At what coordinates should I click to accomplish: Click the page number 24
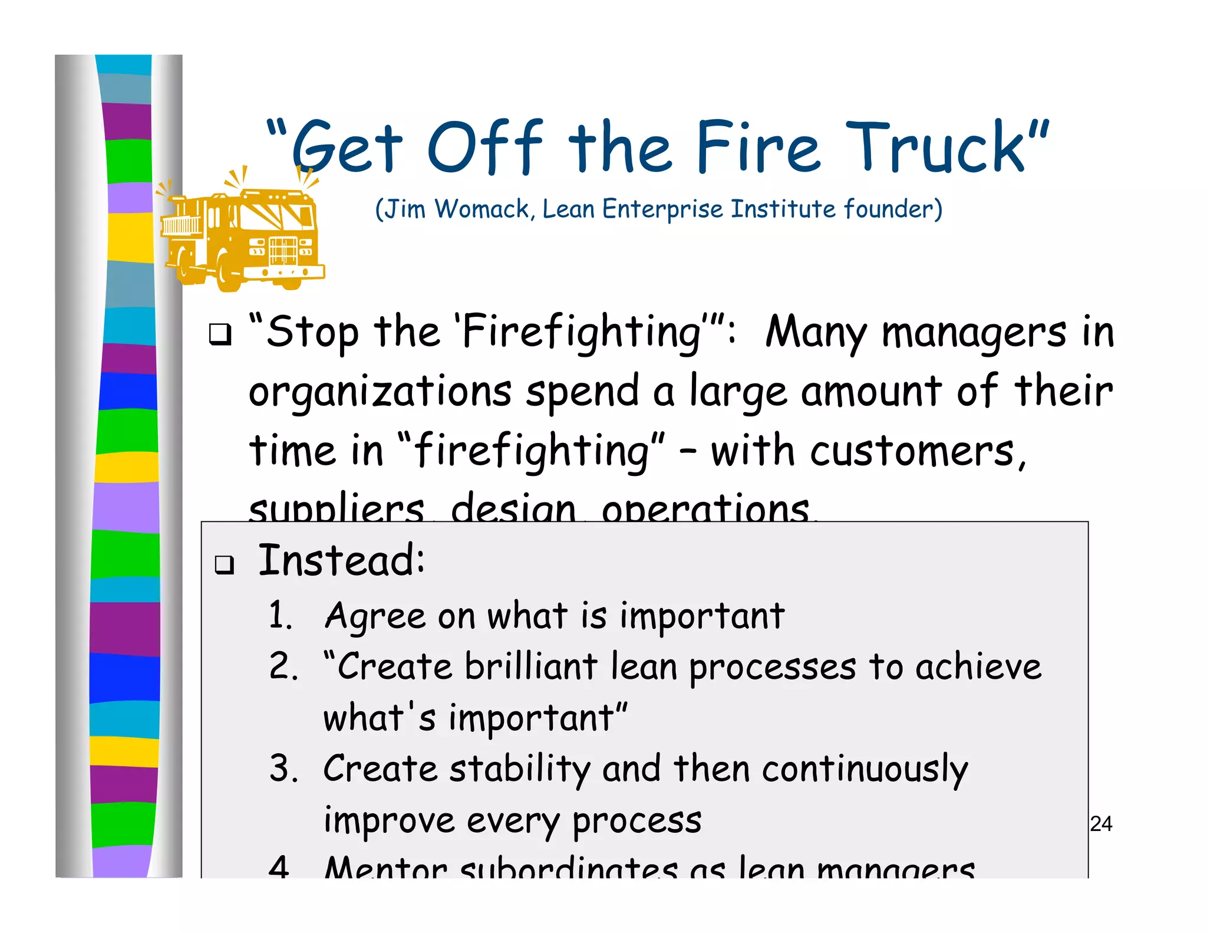pyautogui.click(x=1100, y=824)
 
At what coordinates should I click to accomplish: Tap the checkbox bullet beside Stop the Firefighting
pyautogui.click(x=220, y=334)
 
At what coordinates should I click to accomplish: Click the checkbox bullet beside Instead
pyautogui.click(x=224, y=564)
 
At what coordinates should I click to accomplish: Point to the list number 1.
pyautogui.click(x=280, y=616)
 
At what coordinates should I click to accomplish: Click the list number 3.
pyautogui.click(x=283, y=769)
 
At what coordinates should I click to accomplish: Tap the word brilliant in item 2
pyautogui.click(x=530, y=667)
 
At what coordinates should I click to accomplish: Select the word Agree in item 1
pyautogui.click(x=375, y=617)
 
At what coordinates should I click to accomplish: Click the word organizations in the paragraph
pyautogui.click(x=380, y=392)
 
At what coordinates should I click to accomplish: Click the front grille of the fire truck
pyautogui.click(x=283, y=251)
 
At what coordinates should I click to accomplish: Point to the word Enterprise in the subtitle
pyautogui.click(x=662, y=209)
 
